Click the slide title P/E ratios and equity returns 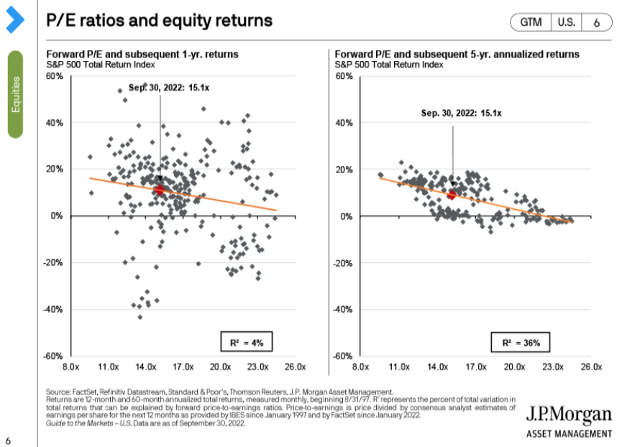click(x=159, y=21)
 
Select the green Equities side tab click(x=16, y=94)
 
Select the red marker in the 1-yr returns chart click(x=160, y=190)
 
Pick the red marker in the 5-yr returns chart click(x=452, y=195)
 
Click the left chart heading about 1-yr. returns click(x=142, y=55)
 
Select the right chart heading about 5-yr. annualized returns click(x=457, y=55)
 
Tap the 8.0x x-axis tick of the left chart click(x=70, y=367)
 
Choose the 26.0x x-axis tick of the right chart click(x=590, y=367)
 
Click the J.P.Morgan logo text click(x=569, y=414)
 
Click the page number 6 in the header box click(x=597, y=22)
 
